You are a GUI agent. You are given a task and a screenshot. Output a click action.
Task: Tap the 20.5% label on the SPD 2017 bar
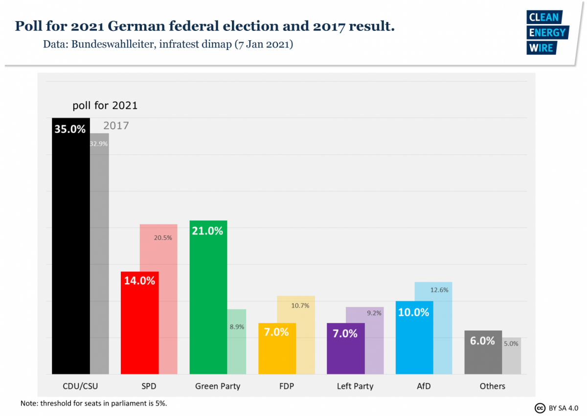(163, 238)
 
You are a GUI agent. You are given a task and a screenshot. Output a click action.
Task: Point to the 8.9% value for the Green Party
(237, 326)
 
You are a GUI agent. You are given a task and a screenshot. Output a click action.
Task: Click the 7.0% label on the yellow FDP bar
(277, 332)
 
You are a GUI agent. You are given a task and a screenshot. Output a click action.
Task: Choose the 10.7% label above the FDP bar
(300, 305)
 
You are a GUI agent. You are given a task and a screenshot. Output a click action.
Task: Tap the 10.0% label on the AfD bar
(413, 312)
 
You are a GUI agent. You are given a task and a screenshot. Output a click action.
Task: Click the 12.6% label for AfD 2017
(439, 290)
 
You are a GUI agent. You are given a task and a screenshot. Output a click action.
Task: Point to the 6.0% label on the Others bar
(482, 341)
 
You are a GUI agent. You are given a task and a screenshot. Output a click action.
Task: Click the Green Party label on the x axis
(218, 386)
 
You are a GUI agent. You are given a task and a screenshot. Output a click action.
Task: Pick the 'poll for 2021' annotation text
(105, 105)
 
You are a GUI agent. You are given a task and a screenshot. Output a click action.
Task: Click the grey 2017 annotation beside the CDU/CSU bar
(116, 125)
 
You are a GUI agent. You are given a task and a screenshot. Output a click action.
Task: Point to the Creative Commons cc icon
(540, 408)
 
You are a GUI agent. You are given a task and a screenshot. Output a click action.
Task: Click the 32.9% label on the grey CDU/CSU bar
(99, 144)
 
